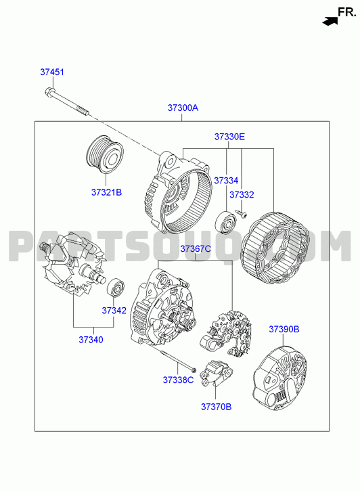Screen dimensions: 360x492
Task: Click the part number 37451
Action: (52, 72)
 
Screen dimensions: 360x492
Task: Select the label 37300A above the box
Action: (183, 108)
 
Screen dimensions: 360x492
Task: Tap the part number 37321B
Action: (106, 192)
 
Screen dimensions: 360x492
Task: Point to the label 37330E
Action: (230, 137)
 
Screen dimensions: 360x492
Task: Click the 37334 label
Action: (226, 181)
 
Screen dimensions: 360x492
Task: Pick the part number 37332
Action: (242, 195)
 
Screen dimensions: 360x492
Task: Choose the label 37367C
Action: (196, 249)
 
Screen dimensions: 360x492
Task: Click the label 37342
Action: (114, 311)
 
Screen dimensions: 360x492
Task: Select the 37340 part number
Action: (91, 340)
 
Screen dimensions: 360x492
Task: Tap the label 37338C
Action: (178, 380)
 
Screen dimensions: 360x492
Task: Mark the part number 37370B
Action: (217, 407)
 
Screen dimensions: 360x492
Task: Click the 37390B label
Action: (284, 330)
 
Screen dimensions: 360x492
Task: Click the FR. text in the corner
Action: (347, 12)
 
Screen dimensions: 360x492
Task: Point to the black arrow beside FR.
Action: (330, 22)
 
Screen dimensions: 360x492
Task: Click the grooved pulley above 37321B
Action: (104, 156)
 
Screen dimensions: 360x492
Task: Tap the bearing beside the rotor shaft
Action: (116, 287)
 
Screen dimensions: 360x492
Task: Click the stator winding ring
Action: (275, 248)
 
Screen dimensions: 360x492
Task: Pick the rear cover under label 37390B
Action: (279, 378)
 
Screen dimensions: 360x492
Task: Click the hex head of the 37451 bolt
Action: (49, 91)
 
